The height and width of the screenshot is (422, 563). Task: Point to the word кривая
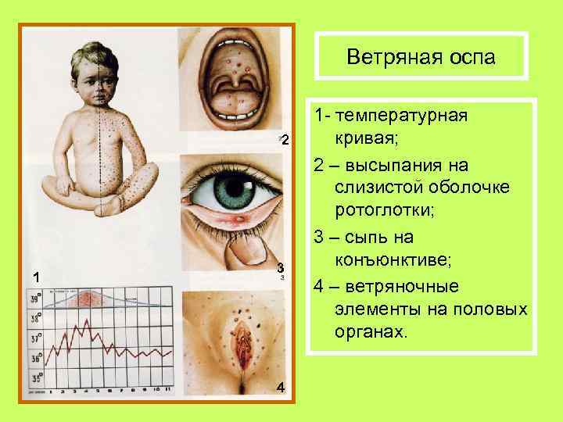[366, 141]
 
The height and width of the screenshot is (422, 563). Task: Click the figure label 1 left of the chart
[34, 276]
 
